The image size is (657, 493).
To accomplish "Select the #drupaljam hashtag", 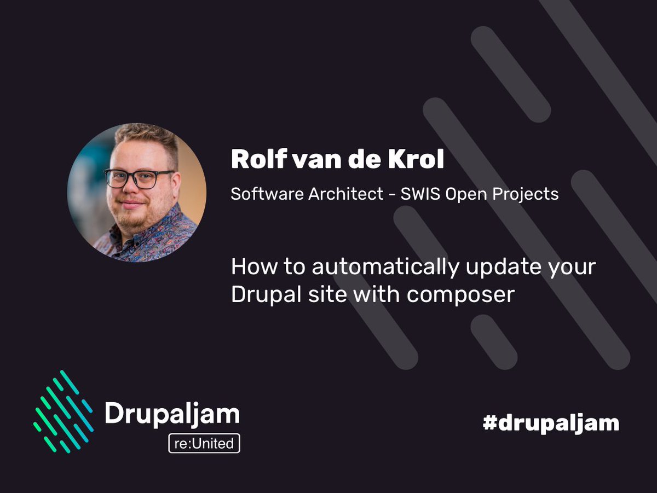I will pos(551,422).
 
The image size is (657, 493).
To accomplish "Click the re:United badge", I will pos(204,443).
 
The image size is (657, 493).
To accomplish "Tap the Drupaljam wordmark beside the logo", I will pos(172,415).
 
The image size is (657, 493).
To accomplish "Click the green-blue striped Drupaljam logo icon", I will pos(62,411).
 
